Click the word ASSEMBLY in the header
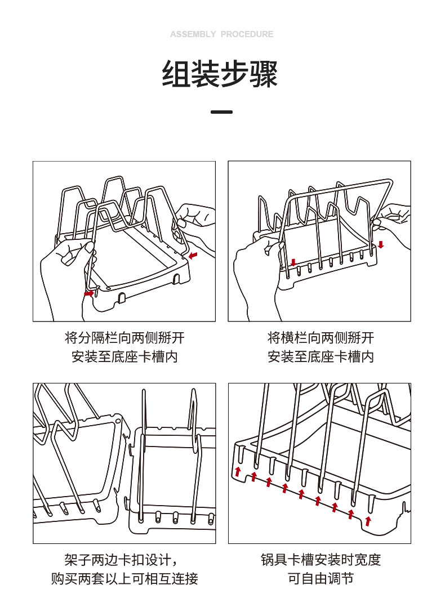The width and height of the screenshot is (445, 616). click(193, 34)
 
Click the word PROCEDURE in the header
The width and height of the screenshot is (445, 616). click(247, 34)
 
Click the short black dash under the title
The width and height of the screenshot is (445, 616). click(221, 112)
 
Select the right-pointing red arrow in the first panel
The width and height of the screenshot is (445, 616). click(89, 293)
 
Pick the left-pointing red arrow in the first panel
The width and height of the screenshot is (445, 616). click(194, 257)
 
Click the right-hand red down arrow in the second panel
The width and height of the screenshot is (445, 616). click(381, 244)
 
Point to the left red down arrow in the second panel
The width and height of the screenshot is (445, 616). click(293, 262)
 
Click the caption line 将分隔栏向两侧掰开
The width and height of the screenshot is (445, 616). click(124, 338)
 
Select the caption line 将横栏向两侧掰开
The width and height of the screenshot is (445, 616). click(320, 338)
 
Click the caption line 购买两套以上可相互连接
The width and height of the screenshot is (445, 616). click(124, 578)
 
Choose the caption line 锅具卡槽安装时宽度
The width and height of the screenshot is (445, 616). click(320, 560)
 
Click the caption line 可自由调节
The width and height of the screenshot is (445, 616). click(320, 578)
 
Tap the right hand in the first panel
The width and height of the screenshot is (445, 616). click(194, 222)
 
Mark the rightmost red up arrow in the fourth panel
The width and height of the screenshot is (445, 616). click(368, 521)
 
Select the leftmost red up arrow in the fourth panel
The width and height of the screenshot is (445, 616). click(238, 471)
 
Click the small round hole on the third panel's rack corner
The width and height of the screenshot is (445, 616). click(118, 420)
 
